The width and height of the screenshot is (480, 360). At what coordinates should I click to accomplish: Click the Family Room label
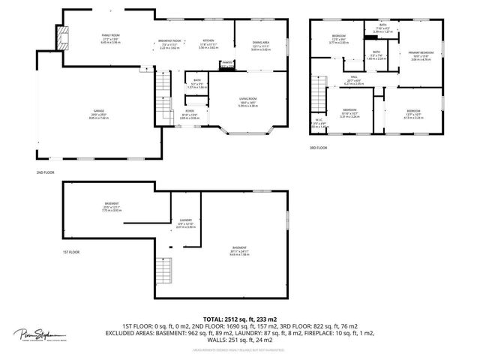[x=111, y=36]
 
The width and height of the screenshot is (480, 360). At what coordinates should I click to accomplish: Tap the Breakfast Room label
[x=170, y=40]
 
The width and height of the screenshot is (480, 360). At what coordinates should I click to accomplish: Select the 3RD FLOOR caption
[x=318, y=148]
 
